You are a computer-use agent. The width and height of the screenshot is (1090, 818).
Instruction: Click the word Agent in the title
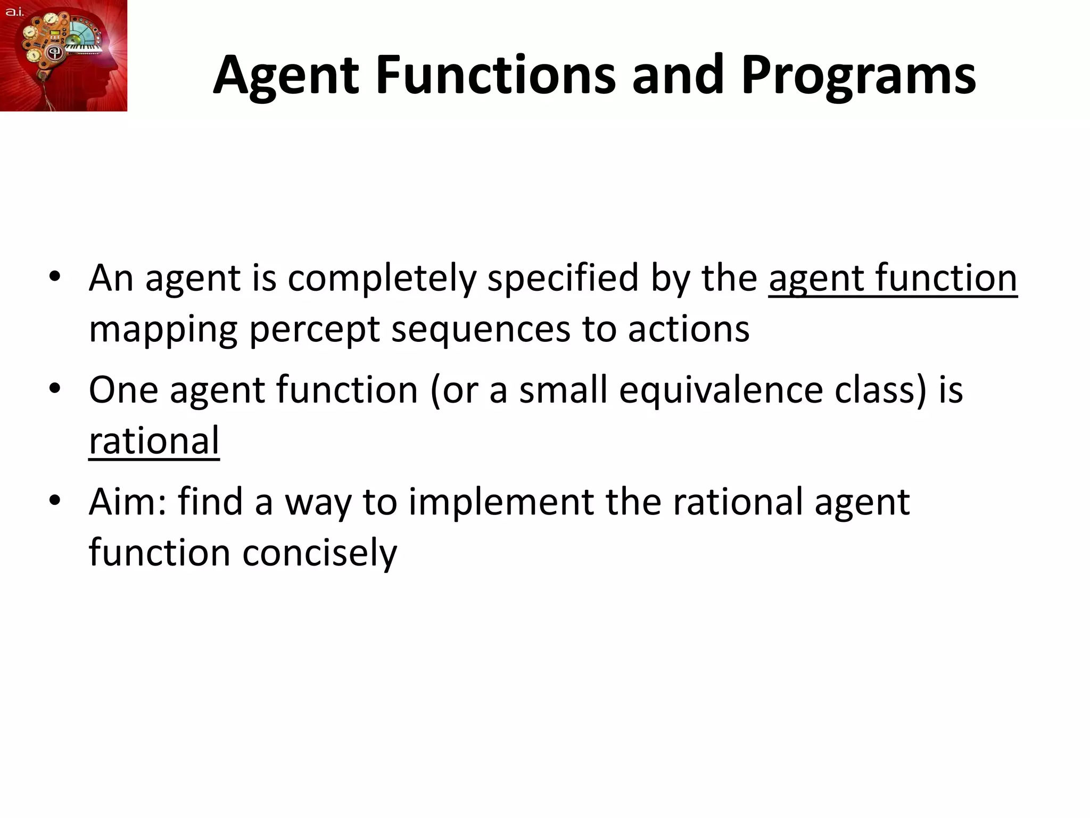pyautogui.click(x=286, y=76)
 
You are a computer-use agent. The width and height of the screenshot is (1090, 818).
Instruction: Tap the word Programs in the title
pyautogui.click(x=858, y=76)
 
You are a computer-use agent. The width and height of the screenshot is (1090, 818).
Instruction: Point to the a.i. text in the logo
pyautogui.click(x=14, y=12)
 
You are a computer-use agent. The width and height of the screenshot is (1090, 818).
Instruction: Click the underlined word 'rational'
pyautogui.click(x=154, y=441)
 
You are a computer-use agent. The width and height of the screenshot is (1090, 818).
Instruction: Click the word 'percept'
pyautogui.click(x=314, y=330)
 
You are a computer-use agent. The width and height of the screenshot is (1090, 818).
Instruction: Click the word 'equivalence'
pyautogui.click(x=721, y=390)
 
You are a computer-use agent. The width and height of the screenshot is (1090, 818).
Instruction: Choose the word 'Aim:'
pyautogui.click(x=128, y=502)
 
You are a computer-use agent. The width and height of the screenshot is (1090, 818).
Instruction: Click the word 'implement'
pyautogui.click(x=501, y=502)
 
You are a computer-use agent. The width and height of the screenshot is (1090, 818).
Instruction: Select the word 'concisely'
pyautogui.click(x=319, y=553)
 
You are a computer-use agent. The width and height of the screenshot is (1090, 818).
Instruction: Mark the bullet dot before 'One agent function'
pyautogui.click(x=55, y=388)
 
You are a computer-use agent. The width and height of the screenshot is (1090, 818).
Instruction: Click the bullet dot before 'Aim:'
pyautogui.click(x=55, y=501)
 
